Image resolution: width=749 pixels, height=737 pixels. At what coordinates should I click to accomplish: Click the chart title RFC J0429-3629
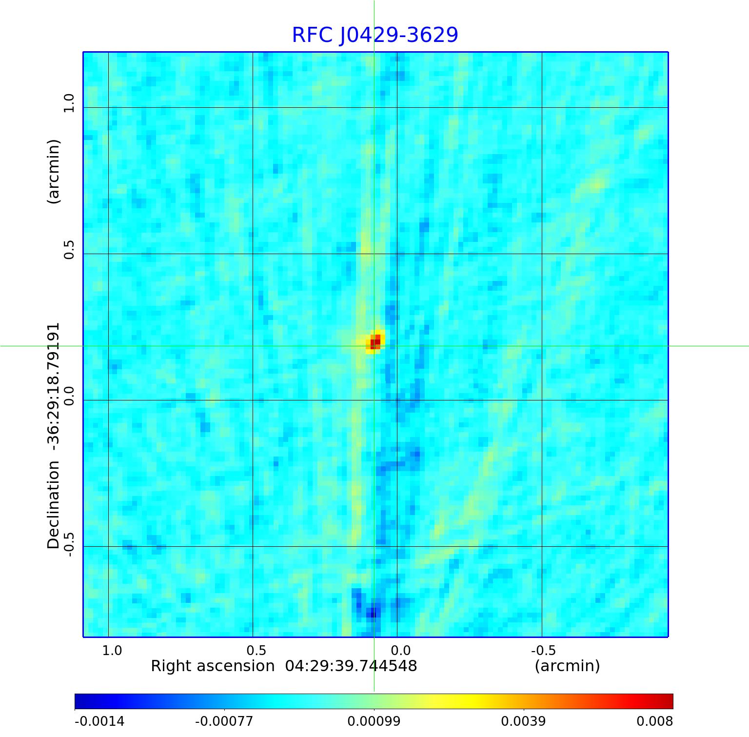coord(375,35)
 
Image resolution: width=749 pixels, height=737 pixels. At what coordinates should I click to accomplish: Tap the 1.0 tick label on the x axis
coord(112,651)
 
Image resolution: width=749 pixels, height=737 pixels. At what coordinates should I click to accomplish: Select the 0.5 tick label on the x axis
coord(256,651)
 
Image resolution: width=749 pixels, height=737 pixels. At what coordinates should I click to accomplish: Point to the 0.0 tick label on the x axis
coord(400,651)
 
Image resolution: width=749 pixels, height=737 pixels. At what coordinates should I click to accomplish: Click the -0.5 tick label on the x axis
coord(543,651)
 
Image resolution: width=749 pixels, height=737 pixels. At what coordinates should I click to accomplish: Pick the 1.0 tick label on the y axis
coord(69,103)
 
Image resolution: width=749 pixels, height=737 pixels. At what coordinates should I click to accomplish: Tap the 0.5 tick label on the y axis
coord(69,249)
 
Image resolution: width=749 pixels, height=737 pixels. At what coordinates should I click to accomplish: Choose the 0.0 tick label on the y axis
coord(69,396)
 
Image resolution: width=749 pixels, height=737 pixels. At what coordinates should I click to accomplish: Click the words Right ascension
coord(213,666)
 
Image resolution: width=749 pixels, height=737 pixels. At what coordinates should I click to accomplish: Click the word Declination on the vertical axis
coord(54,505)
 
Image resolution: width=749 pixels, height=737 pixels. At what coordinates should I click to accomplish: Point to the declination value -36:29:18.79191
coord(54,385)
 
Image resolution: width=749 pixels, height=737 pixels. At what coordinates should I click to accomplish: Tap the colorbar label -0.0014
coord(99,721)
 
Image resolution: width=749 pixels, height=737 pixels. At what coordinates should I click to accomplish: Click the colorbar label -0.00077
coord(224,721)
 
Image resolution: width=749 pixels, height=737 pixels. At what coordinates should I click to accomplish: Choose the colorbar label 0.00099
coord(374,721)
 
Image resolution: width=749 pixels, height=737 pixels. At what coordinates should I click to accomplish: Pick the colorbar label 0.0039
coord(523,721)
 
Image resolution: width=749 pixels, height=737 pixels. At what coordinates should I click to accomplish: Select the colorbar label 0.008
coord(654,721)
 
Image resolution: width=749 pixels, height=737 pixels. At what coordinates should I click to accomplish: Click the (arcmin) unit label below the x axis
coord(567,666)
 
